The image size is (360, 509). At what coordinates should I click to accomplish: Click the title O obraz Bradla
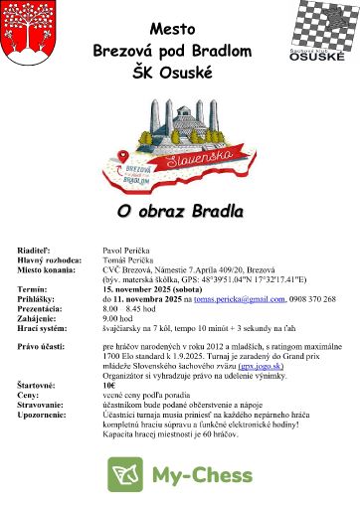(179, 212)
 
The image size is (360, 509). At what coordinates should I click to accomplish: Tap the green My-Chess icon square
(125, 476)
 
